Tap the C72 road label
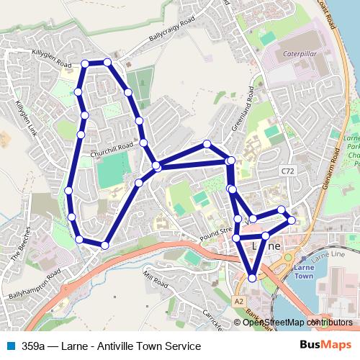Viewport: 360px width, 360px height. pos(288,171)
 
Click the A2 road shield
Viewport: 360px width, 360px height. pos(238,301)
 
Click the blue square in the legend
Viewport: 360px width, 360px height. pos(10,346)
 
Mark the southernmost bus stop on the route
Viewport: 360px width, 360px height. pos(252,278)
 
